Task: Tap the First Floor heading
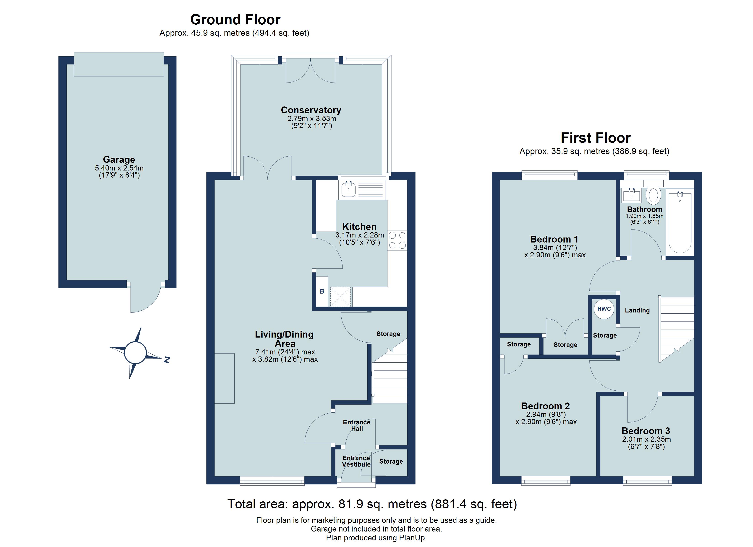pos(596,138)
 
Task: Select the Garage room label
pos(119,160)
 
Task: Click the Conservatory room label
pos(311,110)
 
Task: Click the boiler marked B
pos(322,291)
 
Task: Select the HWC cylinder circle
pos(604,309)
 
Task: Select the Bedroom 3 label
pos(646,431)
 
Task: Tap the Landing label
pos(637,310)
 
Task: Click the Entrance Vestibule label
pos(356,461)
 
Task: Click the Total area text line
pos(372,504)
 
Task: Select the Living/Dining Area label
pos(285,339)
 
